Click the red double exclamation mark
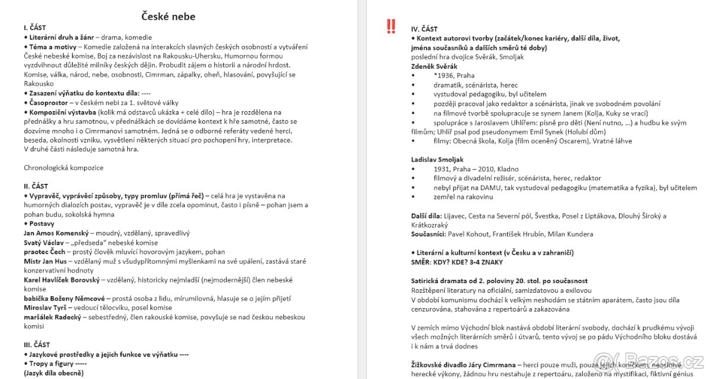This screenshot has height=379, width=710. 391,27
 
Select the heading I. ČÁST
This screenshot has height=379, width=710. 35,28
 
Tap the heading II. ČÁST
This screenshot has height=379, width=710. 35,186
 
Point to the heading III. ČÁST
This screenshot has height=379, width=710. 37,345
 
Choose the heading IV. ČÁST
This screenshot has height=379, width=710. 424,29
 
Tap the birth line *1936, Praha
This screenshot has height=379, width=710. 454,76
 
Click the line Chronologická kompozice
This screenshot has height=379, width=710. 63,168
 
